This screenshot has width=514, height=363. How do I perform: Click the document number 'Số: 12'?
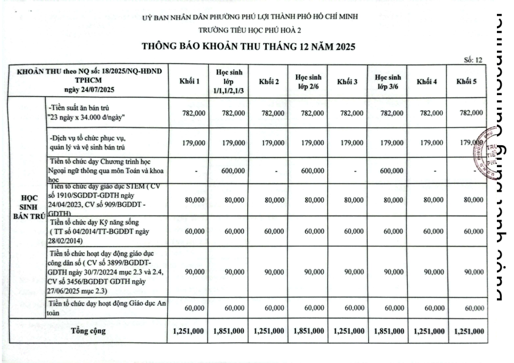(x=473, y=60)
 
